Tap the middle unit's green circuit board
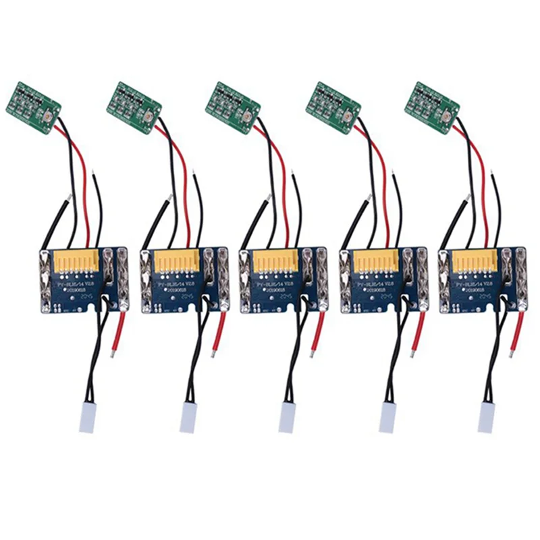233,107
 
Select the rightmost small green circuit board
432,107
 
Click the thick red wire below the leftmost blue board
118,331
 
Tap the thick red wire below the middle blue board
317,331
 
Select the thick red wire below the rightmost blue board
517,331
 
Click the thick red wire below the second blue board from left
217,331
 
